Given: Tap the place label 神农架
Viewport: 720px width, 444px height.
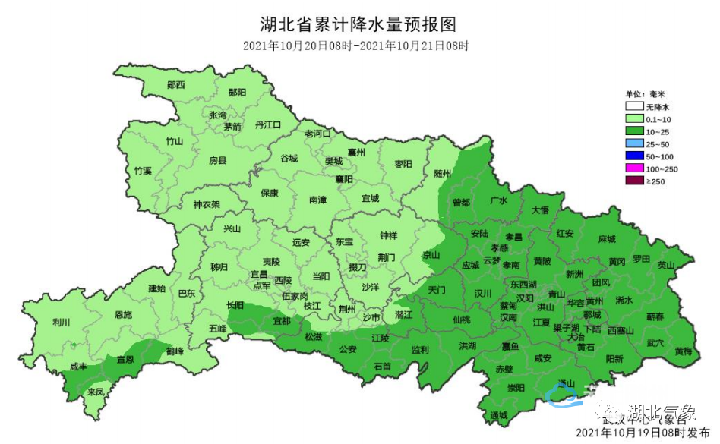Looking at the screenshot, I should tap(206, 204).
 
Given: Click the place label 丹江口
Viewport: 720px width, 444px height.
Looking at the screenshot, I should tap(268, 124).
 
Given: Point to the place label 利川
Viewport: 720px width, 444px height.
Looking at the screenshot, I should tap(61, 323).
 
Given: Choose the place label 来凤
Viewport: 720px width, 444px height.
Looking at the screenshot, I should tap(96, 392).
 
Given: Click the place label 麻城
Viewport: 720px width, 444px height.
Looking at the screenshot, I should tap(607, 240).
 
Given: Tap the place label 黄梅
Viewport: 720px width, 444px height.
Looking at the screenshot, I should tap(682, 351).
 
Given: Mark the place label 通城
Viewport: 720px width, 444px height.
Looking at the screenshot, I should tap(499, 415).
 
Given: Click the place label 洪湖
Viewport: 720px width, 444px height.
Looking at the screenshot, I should tap(468, 346).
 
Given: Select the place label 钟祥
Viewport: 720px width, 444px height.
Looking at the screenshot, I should tap(388, 235).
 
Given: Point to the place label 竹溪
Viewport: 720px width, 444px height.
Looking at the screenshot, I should tap(142, 171).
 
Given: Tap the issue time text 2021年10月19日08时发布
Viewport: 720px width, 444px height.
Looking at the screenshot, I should tap(645, 433).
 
